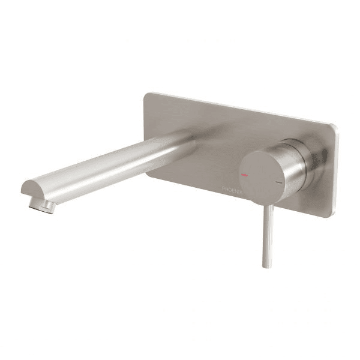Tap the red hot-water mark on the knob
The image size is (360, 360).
[244, 174]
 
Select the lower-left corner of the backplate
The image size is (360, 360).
[148, 174]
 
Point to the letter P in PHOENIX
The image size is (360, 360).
[223, 188]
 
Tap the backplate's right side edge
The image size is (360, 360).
[335, 171]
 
